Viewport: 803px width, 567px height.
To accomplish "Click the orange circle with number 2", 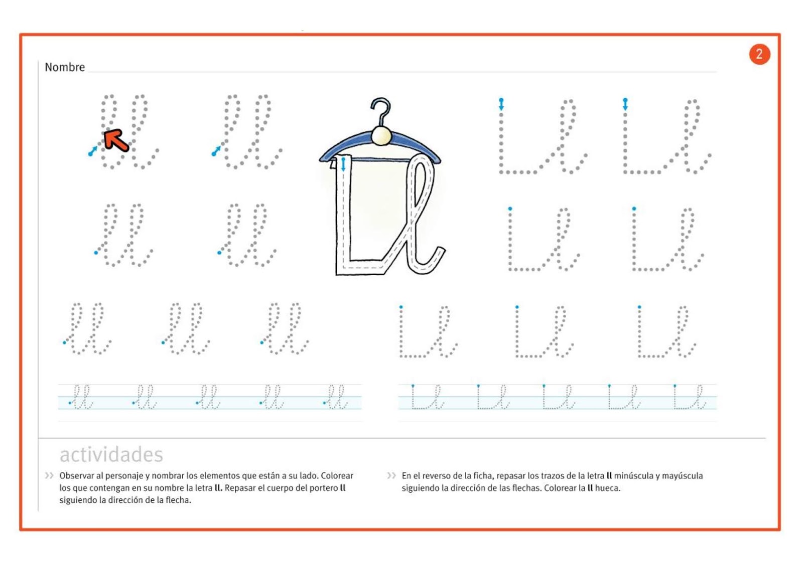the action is pyautogui.click(x=759, y=54).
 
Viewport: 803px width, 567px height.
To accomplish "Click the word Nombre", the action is pyautogui.click(x=65, y=67).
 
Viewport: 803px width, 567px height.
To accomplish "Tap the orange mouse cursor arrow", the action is pyautogui.click(x=116, y=140).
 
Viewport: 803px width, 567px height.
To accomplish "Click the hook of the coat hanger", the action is pyautogui.click(x=381, y=110).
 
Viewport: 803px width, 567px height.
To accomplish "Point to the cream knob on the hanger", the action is pyautogui.click(x=381, y=135).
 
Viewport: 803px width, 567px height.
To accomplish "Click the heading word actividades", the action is pyautogui.click(x=111, y=455).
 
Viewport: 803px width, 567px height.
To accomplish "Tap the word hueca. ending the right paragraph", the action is pyautogui.click(x=607, y=488).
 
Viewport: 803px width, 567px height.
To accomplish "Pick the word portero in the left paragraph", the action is pyautogui.click(x=322, y=488).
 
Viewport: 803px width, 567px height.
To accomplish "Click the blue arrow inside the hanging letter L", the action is pyautogui.click(x=344, y=164).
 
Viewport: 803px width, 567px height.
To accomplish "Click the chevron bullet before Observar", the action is pyautogui.click(x=49, y=476).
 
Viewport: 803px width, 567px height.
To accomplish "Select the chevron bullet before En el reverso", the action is pyautogui.click(x=391, y=476).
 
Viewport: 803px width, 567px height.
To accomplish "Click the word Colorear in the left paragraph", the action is pyautogui.click(x=337, y=476).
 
